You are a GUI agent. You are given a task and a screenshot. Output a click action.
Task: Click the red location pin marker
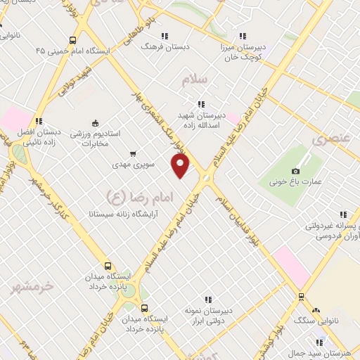point(181,166)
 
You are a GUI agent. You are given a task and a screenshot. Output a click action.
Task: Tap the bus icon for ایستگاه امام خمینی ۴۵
point(73,40)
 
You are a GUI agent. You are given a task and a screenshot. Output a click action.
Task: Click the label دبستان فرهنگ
point(157,46)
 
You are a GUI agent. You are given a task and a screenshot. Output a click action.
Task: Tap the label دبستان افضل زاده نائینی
point(39,136)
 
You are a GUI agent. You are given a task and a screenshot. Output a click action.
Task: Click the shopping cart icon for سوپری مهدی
point(133,153)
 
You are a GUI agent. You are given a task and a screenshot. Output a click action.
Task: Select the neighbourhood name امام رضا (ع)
point(126,195)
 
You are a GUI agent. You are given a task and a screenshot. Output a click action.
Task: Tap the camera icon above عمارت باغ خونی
point(295,171)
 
